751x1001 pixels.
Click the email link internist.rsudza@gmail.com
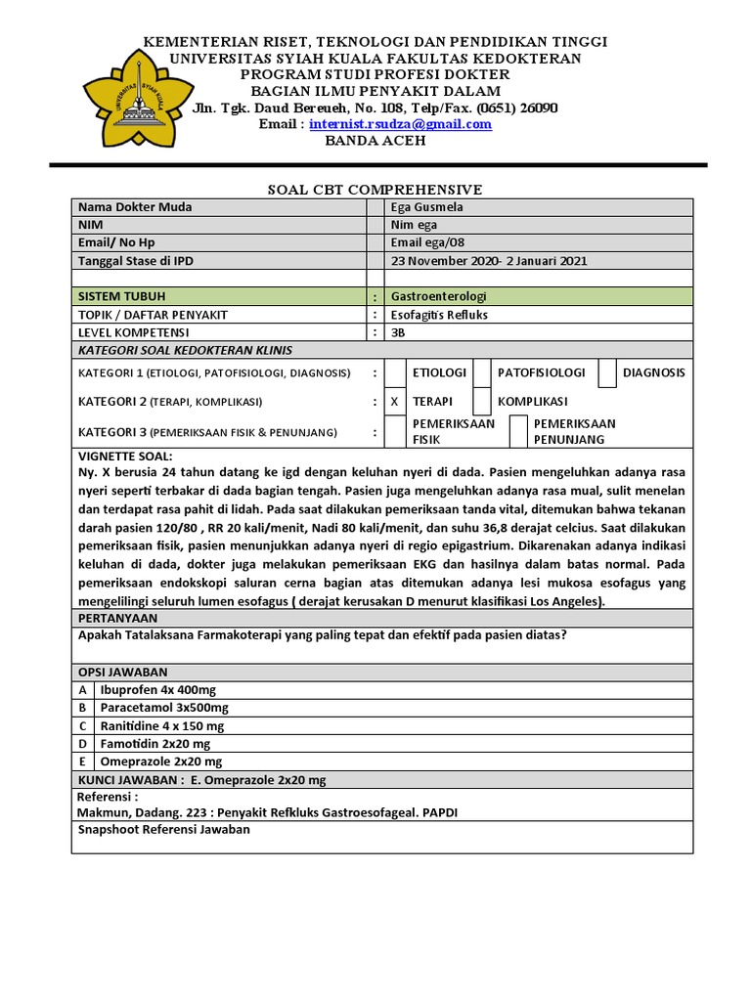click(x=400, y=124)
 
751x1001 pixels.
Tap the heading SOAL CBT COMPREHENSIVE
click(x=375, y=190)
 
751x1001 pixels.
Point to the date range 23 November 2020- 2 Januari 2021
click(x=489, y=261)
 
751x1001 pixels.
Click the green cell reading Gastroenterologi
click(x=438, y=296)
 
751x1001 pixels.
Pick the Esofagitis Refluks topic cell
click(x=439, y=315)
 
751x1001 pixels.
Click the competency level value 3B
click(x=398, y=332)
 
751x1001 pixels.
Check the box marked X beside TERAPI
click(x=394, y=402)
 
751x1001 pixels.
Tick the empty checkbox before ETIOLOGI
click(x=394, y=373)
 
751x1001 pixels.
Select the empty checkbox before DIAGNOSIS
click(x=607, y=373)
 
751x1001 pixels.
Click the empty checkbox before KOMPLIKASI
click(x=481, y=402)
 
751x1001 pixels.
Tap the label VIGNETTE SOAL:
click(x=124, y=457)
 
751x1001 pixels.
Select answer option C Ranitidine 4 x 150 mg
click(x=162, y=726)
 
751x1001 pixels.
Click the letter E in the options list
click(x=82, y=762)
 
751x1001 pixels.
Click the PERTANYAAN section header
click(x=117, y=619)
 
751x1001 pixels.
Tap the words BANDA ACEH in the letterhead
click(x=375, y=140)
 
